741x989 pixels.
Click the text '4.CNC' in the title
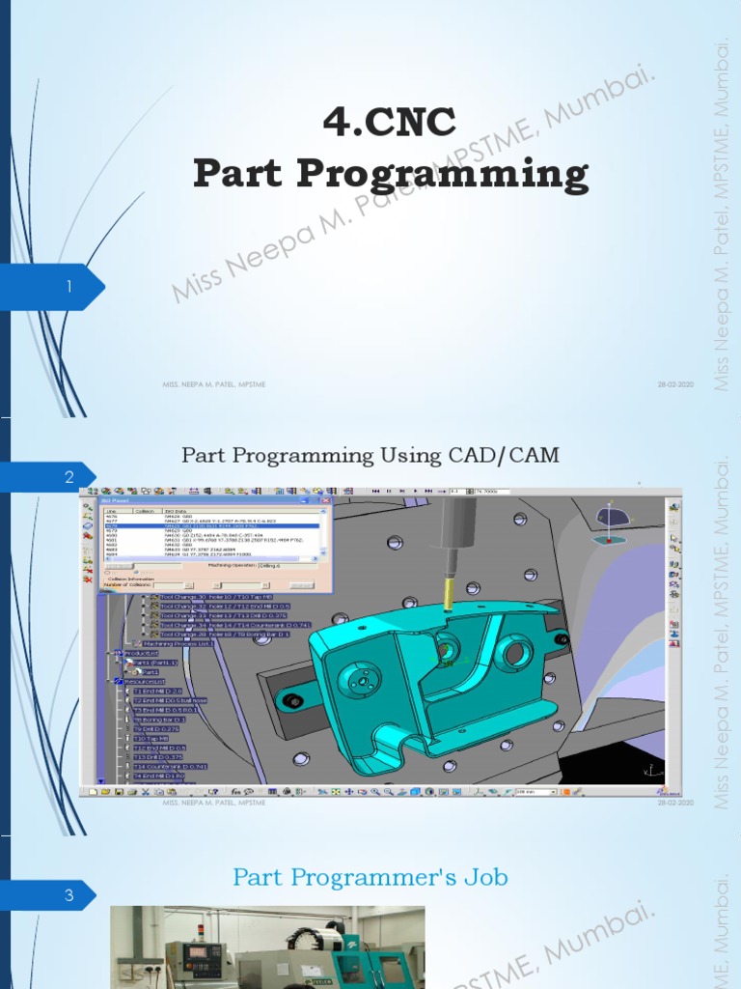[389, 123]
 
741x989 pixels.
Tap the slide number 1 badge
[69, 287]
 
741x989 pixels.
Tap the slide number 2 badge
[69, 477]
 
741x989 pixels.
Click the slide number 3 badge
[69, 895]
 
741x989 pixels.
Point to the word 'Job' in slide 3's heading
[485, 877]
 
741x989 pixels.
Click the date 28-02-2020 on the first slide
[675, 384]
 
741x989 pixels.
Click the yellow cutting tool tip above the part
[450, 591]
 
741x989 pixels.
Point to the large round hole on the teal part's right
[513, 654]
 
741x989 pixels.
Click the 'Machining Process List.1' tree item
[178, 643]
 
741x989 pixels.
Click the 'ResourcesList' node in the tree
[145, 681]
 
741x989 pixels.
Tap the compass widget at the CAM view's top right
[611, 522]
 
